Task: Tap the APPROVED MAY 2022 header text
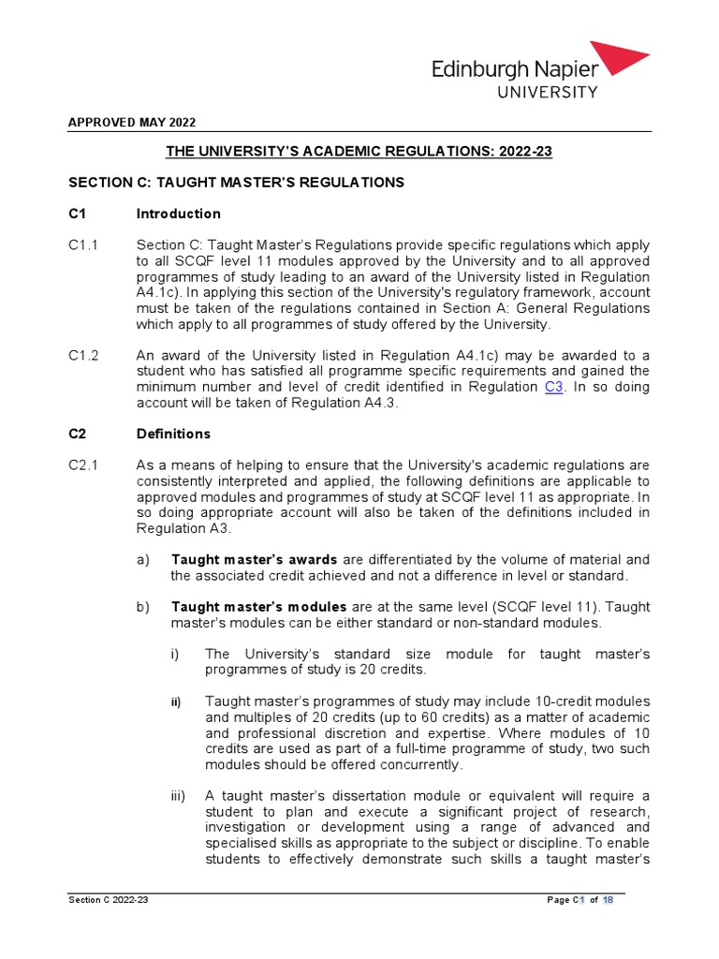pos(132,123)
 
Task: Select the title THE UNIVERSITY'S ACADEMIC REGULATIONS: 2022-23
pos(359,151)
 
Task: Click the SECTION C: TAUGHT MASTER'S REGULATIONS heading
pos(236,182)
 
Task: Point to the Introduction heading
pos(179,214)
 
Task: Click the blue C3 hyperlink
pos(553,387)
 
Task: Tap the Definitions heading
pos(173,435)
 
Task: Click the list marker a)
pos(142,560)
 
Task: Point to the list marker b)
pos(142,607)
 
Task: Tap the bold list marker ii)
pos(176,701)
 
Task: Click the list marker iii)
pos(177,796)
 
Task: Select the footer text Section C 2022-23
pos(109,900)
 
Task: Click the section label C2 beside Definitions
pos(77,435)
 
